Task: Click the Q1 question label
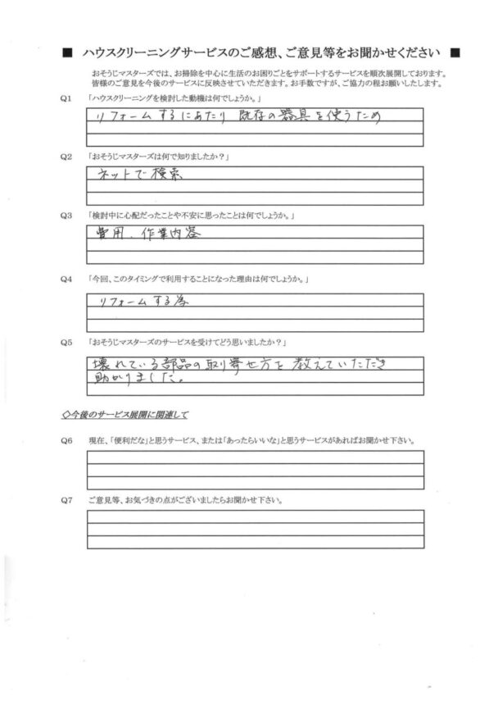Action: click(66, 99)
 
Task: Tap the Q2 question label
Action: click(66, 156)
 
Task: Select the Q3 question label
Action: click(66, 215)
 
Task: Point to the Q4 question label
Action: click(66, 280)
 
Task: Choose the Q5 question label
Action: click(66, 341)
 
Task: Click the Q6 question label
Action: click(66, 441)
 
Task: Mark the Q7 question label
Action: click(66, 499)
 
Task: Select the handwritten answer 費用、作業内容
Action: click(143, 234)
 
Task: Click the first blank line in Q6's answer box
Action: click(255, 458)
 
